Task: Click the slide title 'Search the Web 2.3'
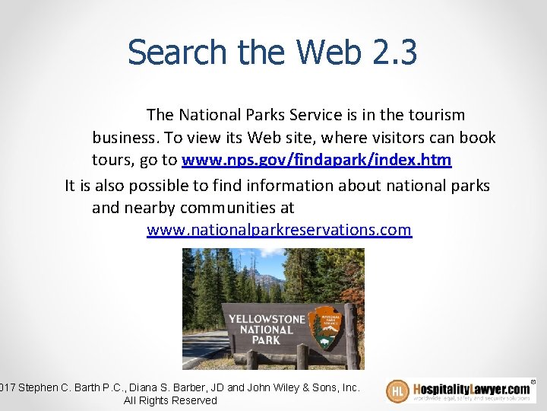click(272, 53)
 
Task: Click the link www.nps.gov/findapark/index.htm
click(316, 161)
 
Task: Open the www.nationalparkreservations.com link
click(279, 230)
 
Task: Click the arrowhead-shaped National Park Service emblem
click(329, 326)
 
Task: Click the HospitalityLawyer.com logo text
click(471, 388)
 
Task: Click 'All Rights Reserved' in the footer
click(170, 400)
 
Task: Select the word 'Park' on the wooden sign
click(266, 340)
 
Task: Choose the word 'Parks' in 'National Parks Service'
click(267, 115)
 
